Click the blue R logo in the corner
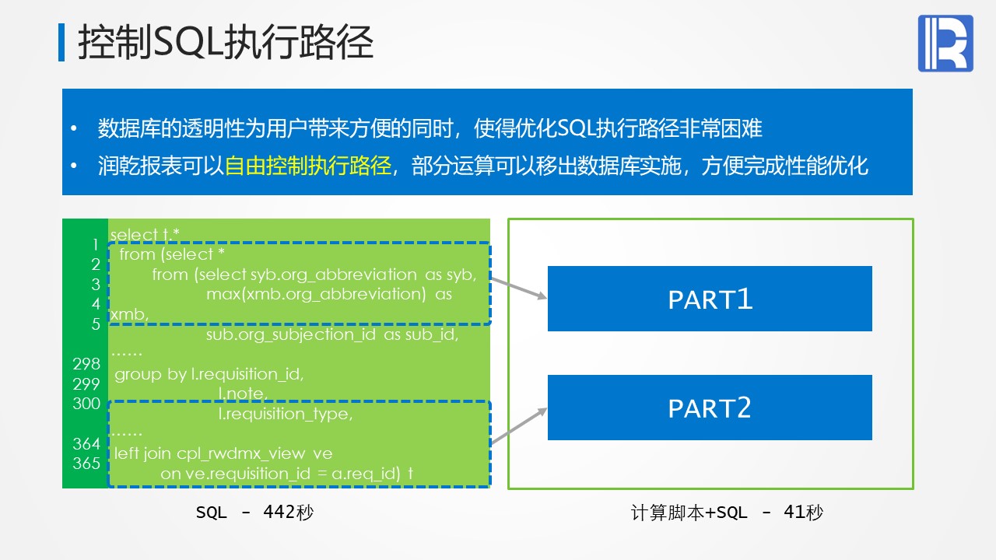coord(945,43)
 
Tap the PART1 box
coord(710,299)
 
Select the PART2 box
coord(710,408)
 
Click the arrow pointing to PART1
coord(518,288)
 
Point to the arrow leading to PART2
coord(518,425)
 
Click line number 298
coord(86,363)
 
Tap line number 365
coord(86,463)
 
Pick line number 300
coord(86,404)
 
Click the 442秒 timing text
coord(288,512)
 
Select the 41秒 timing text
coord(803,512)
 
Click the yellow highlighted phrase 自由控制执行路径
coord(307,166)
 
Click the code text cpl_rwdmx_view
coord(240,453)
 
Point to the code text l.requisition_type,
coord(286,414)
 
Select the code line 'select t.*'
coord(145,234)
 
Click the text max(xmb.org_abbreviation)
coord(316,294)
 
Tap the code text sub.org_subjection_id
coord(291,334)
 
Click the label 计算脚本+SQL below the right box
coord(689,513)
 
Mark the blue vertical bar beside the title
coord(61,42)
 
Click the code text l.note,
coord(243,394)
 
